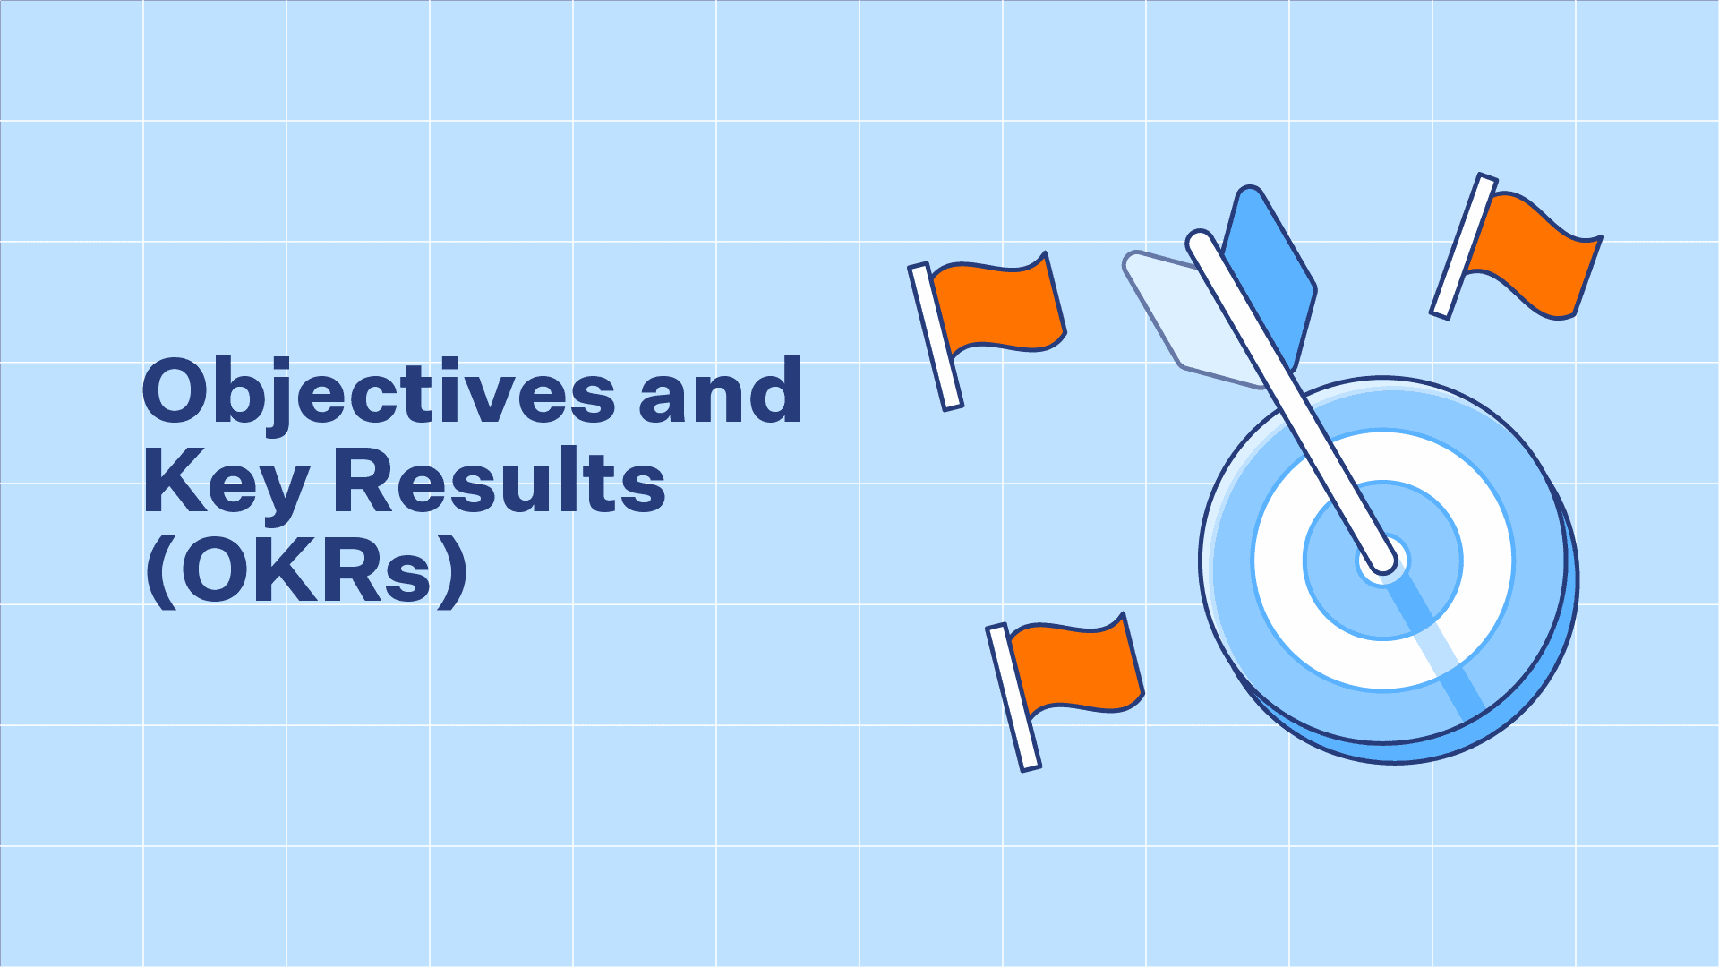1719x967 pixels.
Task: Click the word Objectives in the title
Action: pyautogui.click(x=379, y=394)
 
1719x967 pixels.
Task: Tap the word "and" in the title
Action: pyautogui.click(x=720, y=390)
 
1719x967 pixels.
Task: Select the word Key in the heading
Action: pyautogui.click(x=227, y=484)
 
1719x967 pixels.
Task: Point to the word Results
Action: pyautogui.click(x=500, y=482)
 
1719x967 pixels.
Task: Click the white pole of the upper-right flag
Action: pyautogui.click(x=1464, y=246)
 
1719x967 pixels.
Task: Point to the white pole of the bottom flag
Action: pyautogui.click(x=1013, y=697)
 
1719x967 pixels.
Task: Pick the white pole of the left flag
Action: pyautogui.click(x=936, y=337)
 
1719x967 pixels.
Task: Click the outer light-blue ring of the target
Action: pyautogui.click(x=1383, y=407)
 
